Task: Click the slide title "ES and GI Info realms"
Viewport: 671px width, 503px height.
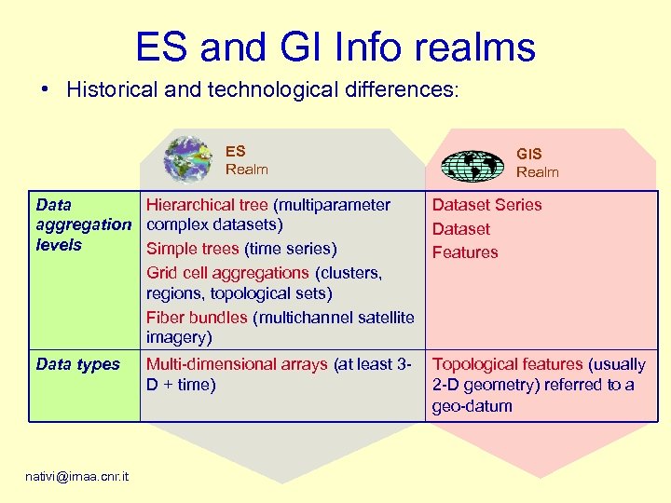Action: pyautogui.click(x=335, y=47)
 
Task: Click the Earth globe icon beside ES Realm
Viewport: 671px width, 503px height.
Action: pyautogui.click(x=187, y=159)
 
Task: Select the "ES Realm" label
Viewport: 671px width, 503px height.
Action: pyautogui.click(x=246, y=159)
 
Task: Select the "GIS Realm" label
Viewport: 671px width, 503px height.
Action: pyautogui.click(x=538, y=163)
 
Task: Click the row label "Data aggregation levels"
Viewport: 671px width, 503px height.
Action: pyautogui.click(x=83, y=224)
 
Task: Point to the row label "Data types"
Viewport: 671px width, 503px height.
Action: pyautogui.click(x=78, y=364)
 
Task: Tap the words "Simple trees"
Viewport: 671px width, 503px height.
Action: pyautogui.click(x=193, y=249)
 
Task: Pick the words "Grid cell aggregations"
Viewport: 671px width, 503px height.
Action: pyautogui.click(x=227, y=273)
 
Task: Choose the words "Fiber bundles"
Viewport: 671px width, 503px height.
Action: pyautogui.click(x=197, y=318)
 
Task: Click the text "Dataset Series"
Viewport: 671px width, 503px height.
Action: pyautogui.click(x=486, y=205)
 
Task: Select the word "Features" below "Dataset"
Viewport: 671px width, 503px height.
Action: pyautogui.click(x=465, y=252)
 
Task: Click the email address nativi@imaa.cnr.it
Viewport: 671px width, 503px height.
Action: pyautogui.click(x=78, y=477)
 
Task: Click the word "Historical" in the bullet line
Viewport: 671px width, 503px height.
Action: pyautogui.click(x=111, y=90)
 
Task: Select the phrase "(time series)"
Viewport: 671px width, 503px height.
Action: pyautogui.click(x=291, y=249)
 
